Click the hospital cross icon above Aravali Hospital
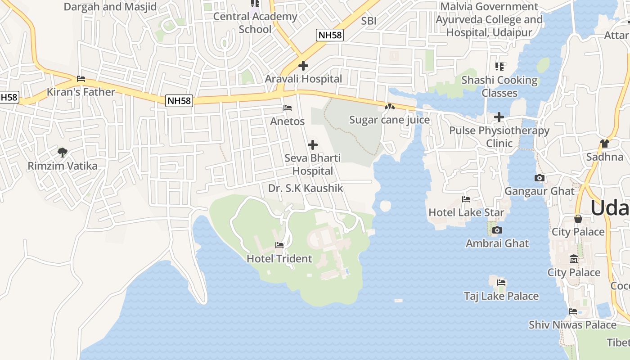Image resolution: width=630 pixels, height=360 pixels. click(303, 66)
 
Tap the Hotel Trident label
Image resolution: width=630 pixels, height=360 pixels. click(279, 259)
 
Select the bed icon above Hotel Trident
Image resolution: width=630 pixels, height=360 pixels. click(279, 245)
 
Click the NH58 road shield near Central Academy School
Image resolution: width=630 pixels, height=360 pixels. click(329, 35)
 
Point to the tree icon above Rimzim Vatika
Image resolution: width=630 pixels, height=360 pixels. click(63, 153)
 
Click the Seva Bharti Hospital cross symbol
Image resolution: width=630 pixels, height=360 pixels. click(313, 145)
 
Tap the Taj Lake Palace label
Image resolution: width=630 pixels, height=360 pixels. click(501, 296)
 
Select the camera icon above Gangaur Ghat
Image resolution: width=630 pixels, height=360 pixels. click(539, 178)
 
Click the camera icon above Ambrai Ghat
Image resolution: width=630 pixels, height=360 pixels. click(497, 230)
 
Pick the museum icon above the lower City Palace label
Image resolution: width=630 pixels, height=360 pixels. click(574, 259)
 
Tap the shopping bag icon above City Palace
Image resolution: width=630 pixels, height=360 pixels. click(578, 219)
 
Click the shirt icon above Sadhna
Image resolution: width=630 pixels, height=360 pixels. click(604, 144)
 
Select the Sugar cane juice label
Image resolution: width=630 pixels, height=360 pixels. click(389, 120)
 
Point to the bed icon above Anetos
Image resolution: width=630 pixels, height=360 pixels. click(287, 108)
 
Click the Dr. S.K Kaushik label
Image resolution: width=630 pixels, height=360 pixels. click(306, 189)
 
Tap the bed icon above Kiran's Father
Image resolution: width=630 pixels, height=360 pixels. click(81, 79)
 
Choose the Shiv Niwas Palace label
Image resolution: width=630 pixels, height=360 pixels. click(572, 325)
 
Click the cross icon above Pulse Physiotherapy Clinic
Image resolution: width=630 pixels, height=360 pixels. click(499, 117)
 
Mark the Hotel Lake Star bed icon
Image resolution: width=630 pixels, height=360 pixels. click(466, 199)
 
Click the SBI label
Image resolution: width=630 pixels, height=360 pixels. click(369, 21)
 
